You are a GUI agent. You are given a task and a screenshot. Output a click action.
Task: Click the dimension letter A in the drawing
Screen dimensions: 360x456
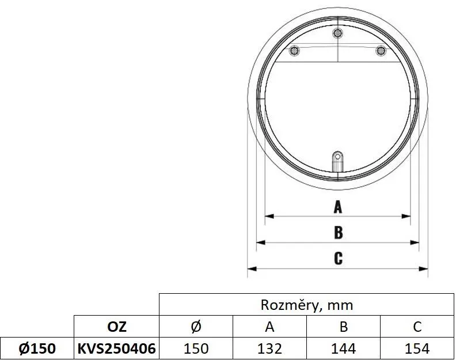click(338, 207)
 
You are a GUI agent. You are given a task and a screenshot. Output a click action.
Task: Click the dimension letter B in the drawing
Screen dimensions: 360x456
click(338, 232)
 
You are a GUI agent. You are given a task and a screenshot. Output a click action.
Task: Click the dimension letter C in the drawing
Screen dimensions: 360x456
click(338, 258)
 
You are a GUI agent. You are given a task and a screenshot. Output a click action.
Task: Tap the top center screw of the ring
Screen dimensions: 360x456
click(338, 33)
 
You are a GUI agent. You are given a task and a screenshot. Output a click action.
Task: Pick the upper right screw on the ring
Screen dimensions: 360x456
click(381, 51)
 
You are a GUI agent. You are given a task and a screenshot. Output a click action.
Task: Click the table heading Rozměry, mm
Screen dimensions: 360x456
click(307, 305)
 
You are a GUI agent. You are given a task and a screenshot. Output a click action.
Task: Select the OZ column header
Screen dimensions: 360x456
click(117, 327)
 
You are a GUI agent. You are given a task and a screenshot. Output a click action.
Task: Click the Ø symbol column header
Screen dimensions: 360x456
click(196, 327)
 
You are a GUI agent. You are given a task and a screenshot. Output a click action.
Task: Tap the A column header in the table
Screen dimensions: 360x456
click(269, 327)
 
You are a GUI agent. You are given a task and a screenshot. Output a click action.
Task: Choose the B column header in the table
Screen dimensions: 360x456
click(344, 327)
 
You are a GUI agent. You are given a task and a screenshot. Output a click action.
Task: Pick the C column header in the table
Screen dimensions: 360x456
click(417, 327)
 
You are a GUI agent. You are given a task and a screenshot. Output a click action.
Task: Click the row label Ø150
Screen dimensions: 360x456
click(37, 348)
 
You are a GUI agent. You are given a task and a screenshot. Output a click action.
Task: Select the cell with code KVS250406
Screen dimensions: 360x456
click(117, 348)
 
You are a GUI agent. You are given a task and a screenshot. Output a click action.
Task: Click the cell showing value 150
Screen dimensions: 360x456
click(196, 348)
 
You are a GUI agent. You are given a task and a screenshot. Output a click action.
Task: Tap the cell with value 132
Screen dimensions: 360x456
click(269, 348)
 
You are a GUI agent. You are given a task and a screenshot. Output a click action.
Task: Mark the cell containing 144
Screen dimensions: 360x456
click(344, 348)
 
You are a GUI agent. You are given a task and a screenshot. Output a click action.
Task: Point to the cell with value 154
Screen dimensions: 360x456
click(417, 348)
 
